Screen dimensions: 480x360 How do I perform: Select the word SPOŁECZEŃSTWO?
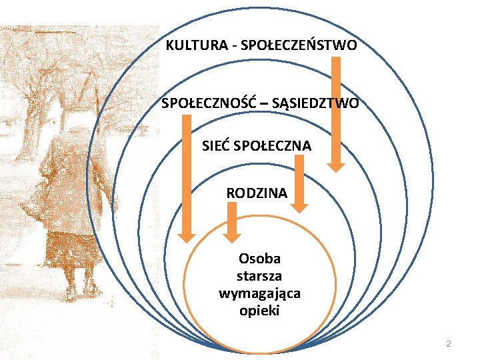click(x=298, y=46)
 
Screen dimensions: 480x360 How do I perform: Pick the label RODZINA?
click(x=257, y=193)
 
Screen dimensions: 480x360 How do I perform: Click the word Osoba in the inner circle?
click(x=259, y=259)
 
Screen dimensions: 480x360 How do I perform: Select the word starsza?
click(x=259, y=276)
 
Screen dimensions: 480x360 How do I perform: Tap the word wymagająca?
click(x=259, y=293)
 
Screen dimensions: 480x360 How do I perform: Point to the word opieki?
click(x=259, y=311)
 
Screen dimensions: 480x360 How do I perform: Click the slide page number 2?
click(x=448, y=344)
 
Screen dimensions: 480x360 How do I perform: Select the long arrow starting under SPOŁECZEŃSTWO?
click(x=337, y=113)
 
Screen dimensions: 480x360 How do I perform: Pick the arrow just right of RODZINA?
click(x=301, y=183)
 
